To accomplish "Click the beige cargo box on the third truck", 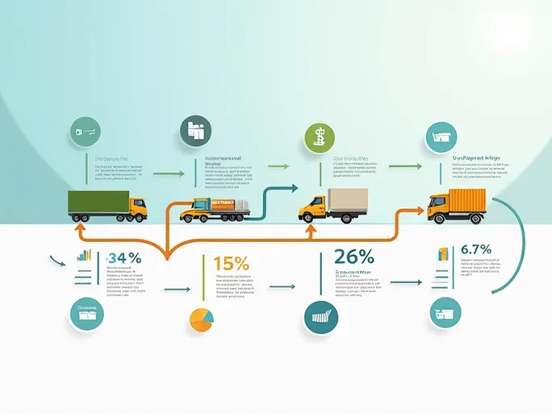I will click(x=348, y=203).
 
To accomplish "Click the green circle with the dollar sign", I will click(x=319, y=138).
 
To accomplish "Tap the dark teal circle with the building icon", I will click(x=195, y=131).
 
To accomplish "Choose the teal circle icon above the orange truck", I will click(x=441, y=136).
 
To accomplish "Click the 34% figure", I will click(x=124, y=258).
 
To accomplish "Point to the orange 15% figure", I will click(x=232, y=262).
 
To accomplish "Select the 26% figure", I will click(x=353, y=257).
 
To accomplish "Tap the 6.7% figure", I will click(x=476, y=249).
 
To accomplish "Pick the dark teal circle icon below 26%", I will click(x=320, y=317).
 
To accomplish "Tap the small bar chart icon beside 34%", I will click(x=83, y=256).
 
